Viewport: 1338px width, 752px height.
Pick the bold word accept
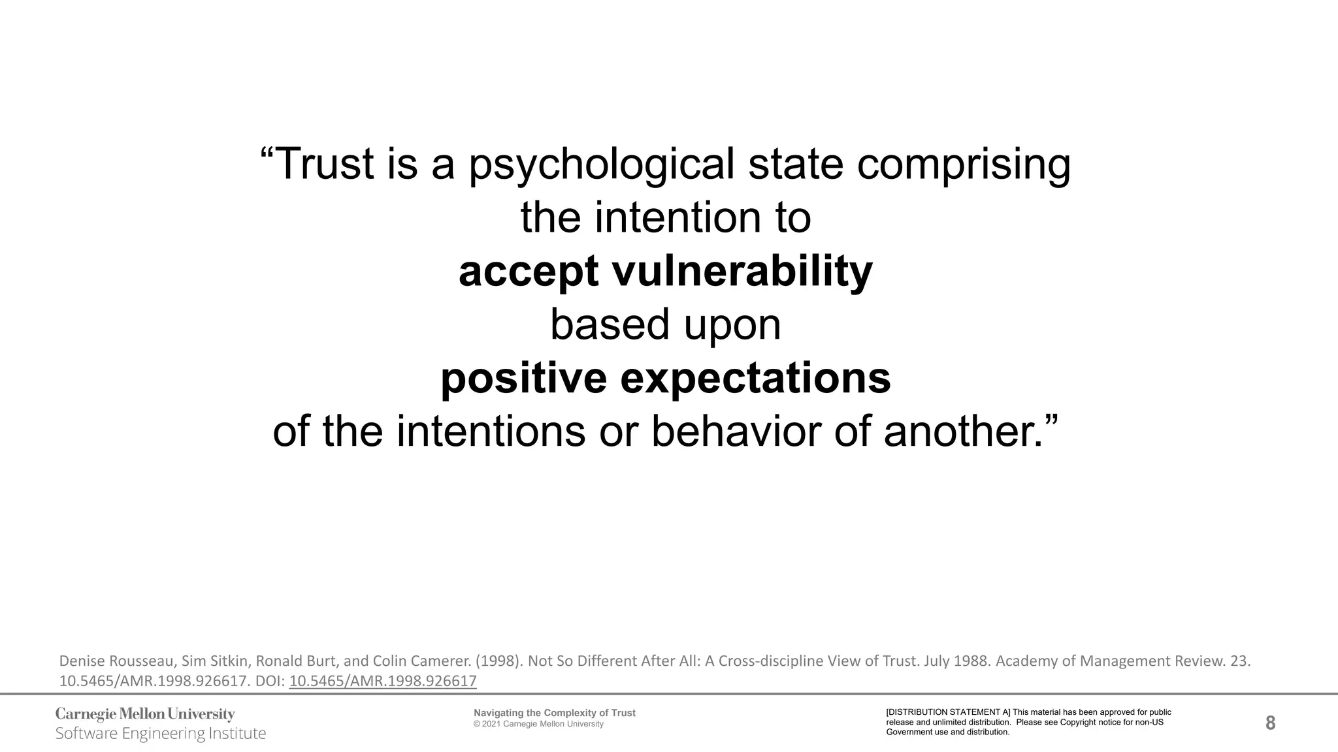(528, 272)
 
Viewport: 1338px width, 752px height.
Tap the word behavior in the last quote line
(736, 431)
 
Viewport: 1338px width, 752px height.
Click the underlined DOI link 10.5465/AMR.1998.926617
(383, 681)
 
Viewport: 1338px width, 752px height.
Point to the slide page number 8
(1270, 723)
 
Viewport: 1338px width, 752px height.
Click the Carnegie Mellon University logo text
(145, 714)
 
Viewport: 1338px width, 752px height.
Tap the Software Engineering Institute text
(161, 734)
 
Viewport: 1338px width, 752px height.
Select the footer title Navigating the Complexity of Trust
(554, 713)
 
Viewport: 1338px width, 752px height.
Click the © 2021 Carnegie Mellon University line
(538, 724)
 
